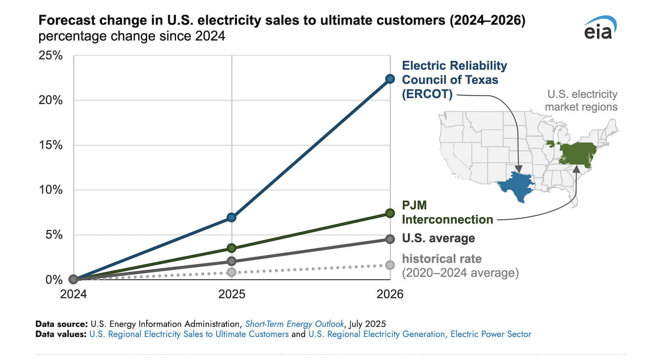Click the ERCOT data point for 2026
[x=390, y=79]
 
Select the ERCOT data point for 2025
[x=232, y=217]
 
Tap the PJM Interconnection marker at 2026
[x=390, y=213]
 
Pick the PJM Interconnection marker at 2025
[x=232, y=248]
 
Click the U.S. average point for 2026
[x=390, y=239]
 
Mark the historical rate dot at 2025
[x=232, y=272]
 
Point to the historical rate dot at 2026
[x=390, y=265]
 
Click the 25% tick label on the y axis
[x=51, y=55]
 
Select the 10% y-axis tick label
[x=51, y=190]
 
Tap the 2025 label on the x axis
[x=232, y=294]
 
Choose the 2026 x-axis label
[x=390, y=294]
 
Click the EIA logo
[x=600, y=28]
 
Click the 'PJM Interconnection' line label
[x=447, y=212]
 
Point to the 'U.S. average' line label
[x=438, y=238]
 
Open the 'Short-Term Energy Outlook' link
[x=294, y=324]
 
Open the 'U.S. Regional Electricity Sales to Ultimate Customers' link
[x=189, y=334]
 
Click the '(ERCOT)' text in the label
[x=427, y=94]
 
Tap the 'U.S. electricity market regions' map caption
[x=581, y=100]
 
